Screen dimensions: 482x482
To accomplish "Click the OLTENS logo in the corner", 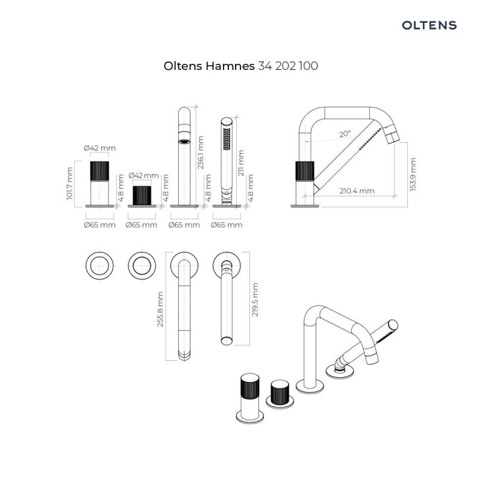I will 429,25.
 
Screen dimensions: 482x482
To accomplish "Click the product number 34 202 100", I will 287,66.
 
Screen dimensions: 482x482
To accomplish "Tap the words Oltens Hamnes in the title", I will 209,66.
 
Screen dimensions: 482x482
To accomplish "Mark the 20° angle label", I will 345,134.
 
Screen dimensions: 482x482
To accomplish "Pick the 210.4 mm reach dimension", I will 354,191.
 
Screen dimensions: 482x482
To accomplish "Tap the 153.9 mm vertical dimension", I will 412,175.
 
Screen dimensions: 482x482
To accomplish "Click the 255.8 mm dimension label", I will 160,310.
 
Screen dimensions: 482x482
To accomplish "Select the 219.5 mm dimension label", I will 255,300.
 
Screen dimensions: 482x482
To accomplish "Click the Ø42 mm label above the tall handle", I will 100,148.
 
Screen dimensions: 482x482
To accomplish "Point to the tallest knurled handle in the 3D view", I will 249,389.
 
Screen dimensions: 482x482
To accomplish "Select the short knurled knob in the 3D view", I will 280,393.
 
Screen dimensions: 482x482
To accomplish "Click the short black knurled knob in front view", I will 142,195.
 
